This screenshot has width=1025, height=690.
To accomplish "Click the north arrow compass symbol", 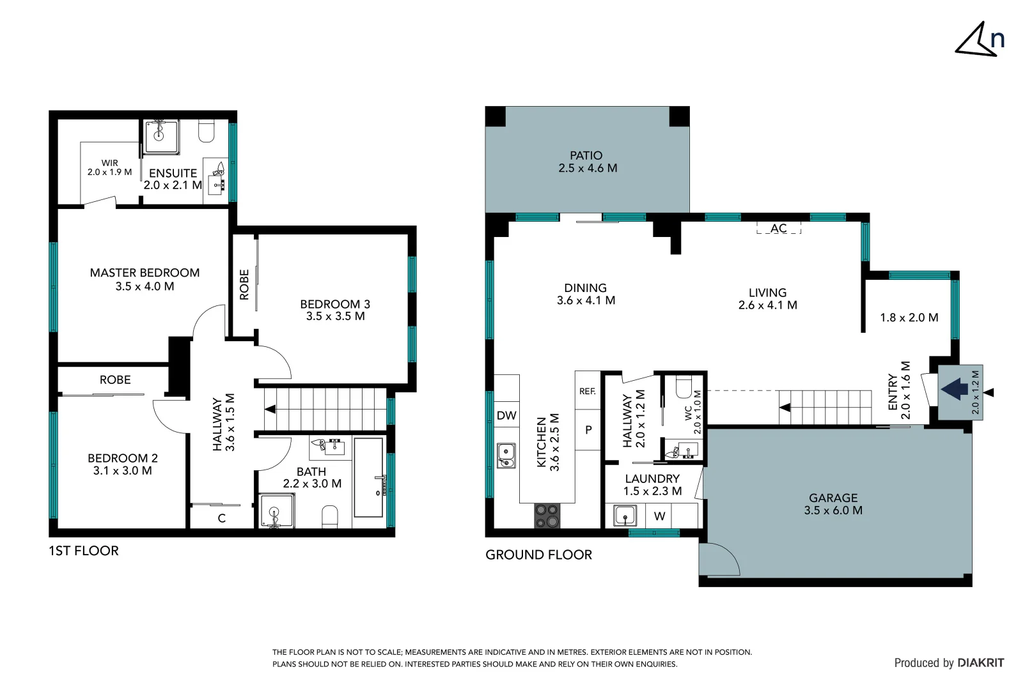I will (x=979, y=40).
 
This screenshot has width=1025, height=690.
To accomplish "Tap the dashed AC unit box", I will (x=778, y=228).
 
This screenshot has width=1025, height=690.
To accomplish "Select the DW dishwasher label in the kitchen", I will (x=506, y=415).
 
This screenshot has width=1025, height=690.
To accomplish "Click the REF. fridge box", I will (x=588, y=391).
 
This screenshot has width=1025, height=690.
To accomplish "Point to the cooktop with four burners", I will (x=547, y=516).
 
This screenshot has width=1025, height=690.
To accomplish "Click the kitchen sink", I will (x=506, y=455).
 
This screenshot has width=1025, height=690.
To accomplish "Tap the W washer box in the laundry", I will (x=659, y=516).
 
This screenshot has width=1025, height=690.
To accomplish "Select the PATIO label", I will (x=586, y=155).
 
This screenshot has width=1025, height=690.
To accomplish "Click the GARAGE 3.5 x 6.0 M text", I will (x=833, y=503).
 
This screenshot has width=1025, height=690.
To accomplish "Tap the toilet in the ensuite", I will (x=206, y=131).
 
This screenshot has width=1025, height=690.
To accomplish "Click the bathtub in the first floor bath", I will (x=368, y=477).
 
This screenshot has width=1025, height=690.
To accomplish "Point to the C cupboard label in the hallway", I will (x=222, y=518).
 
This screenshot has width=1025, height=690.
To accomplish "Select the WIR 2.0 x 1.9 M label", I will (x=110, y=167).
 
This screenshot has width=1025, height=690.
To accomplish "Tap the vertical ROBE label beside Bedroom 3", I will (x=244, y=284).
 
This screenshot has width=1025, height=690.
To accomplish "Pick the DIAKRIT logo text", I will (x=980, y=663).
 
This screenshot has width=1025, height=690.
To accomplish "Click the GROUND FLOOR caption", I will (x=538, y=555).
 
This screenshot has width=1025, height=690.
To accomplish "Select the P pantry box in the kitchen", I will (x=588, y=430).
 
